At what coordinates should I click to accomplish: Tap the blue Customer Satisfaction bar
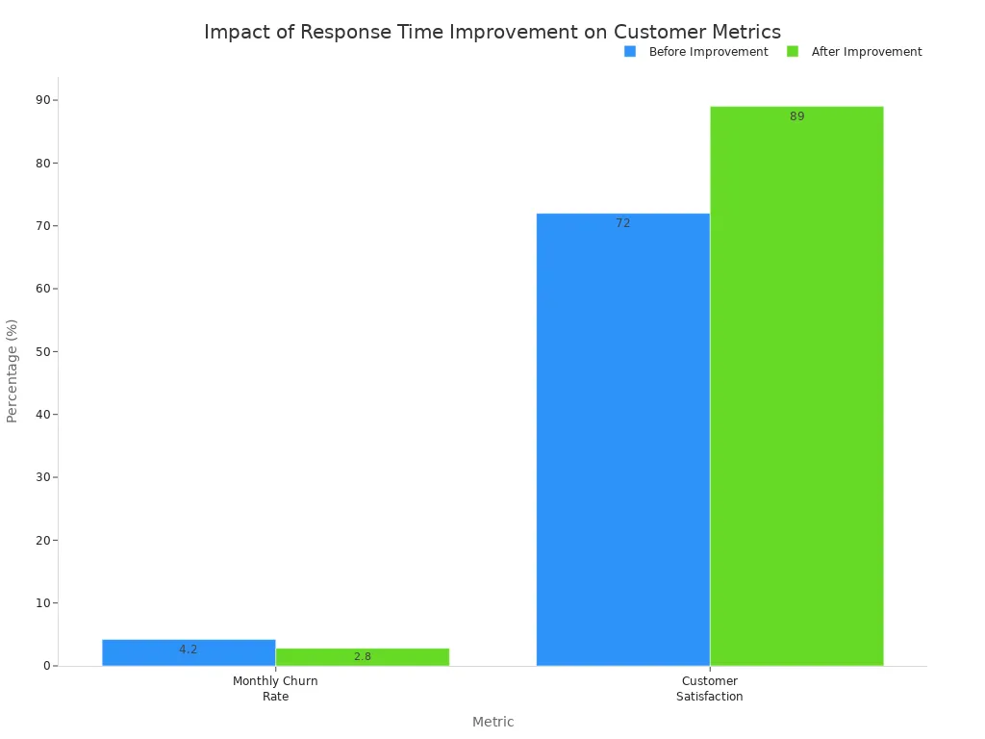coord(622,443)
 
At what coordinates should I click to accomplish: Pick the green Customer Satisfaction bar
coord(796,385)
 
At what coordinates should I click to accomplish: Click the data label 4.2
coord(188,650)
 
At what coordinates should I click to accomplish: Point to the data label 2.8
coord(362,656)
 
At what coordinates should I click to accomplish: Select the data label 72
coord(622,223)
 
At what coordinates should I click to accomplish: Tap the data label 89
coord(796,116)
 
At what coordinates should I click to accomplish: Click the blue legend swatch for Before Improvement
coord(630,52)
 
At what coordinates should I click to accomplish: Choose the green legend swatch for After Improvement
coord(793,52)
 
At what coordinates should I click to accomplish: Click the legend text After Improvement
coord(866,52)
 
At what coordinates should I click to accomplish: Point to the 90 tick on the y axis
coord(43,100)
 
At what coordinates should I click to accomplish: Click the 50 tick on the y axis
coord(43,351)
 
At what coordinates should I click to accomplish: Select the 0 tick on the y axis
coord(47,666)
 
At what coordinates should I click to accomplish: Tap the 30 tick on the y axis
coord(43,477)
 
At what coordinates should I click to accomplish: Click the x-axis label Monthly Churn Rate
coord(275,688)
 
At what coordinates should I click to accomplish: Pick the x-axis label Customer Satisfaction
coord(709,688)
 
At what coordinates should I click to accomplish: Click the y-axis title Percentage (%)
coord(13,370)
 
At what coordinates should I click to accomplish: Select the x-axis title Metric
coord(492,722)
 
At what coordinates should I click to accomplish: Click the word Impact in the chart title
coord(232,32)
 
